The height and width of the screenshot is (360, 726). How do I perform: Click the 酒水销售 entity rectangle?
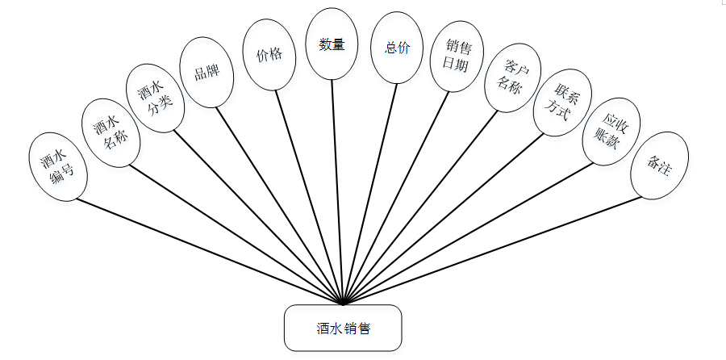pos(343,328)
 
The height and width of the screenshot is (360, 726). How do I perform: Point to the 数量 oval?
pos(332,45)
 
